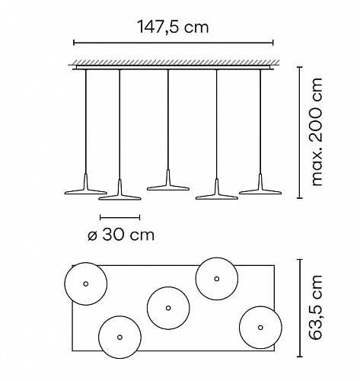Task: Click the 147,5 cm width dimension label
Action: pos(173,27)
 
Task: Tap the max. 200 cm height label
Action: pos(317,132)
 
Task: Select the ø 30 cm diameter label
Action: pos(121,235)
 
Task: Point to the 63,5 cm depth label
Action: pos(317,307)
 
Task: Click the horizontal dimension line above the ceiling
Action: pos(174,43)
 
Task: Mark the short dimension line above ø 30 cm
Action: pos(119,217)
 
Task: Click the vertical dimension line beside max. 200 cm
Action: pos(300,132)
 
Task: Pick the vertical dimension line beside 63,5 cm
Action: pos(300,308)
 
